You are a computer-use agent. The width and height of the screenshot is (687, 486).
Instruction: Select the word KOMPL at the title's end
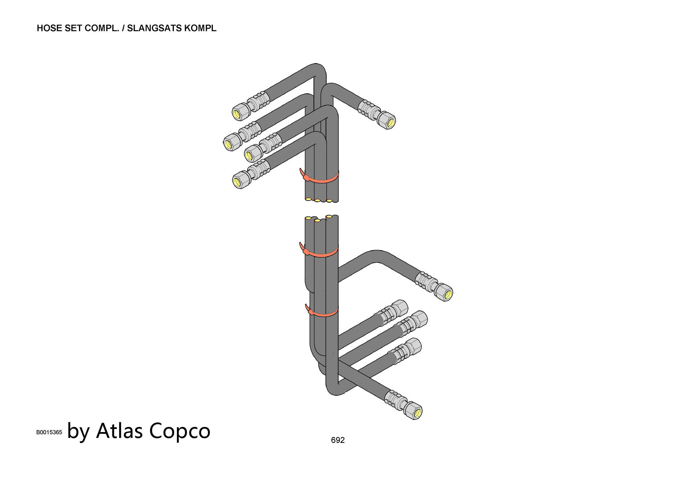click(201, 28)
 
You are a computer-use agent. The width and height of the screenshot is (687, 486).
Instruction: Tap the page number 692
click(338, 440)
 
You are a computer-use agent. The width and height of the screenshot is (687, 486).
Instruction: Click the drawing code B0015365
click(49, 432)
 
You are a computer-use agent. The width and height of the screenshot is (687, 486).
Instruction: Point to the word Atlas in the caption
click(119, 431)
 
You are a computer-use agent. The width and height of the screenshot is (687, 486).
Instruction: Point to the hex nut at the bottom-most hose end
click(413, 411)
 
